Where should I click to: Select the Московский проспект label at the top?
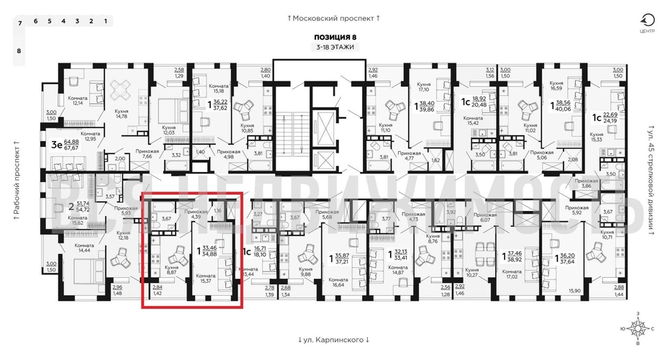point(333,17)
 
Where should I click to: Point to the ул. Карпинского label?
point(333,339)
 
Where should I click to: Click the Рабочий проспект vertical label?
point(15,180)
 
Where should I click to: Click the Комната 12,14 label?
point(76,101)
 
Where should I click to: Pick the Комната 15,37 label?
point(208,277)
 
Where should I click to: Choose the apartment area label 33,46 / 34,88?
point(214,251)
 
